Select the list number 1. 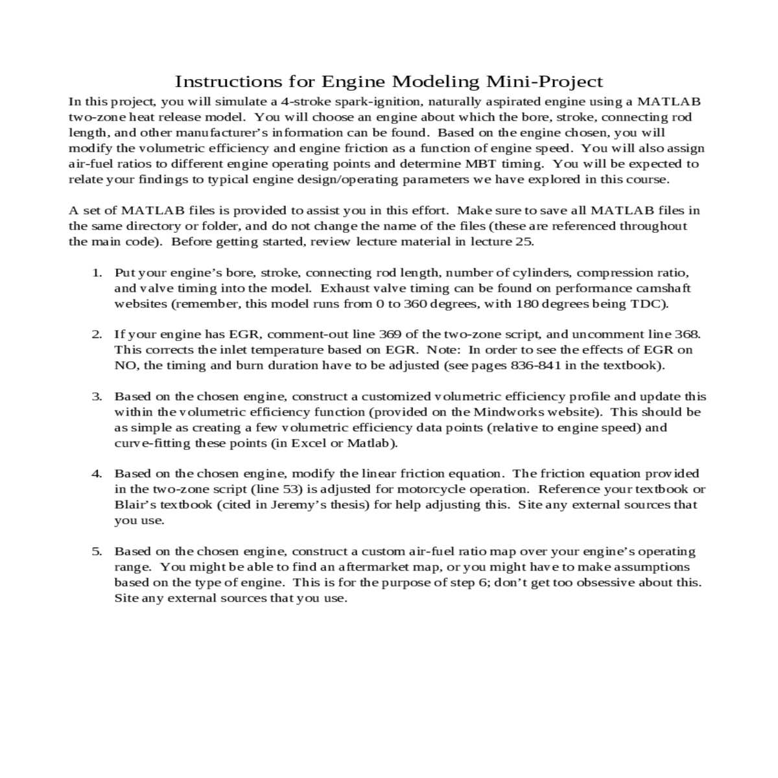click(x=97, y=273)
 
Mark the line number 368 click(x=686, y=335)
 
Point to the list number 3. click(x=97, y=396)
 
